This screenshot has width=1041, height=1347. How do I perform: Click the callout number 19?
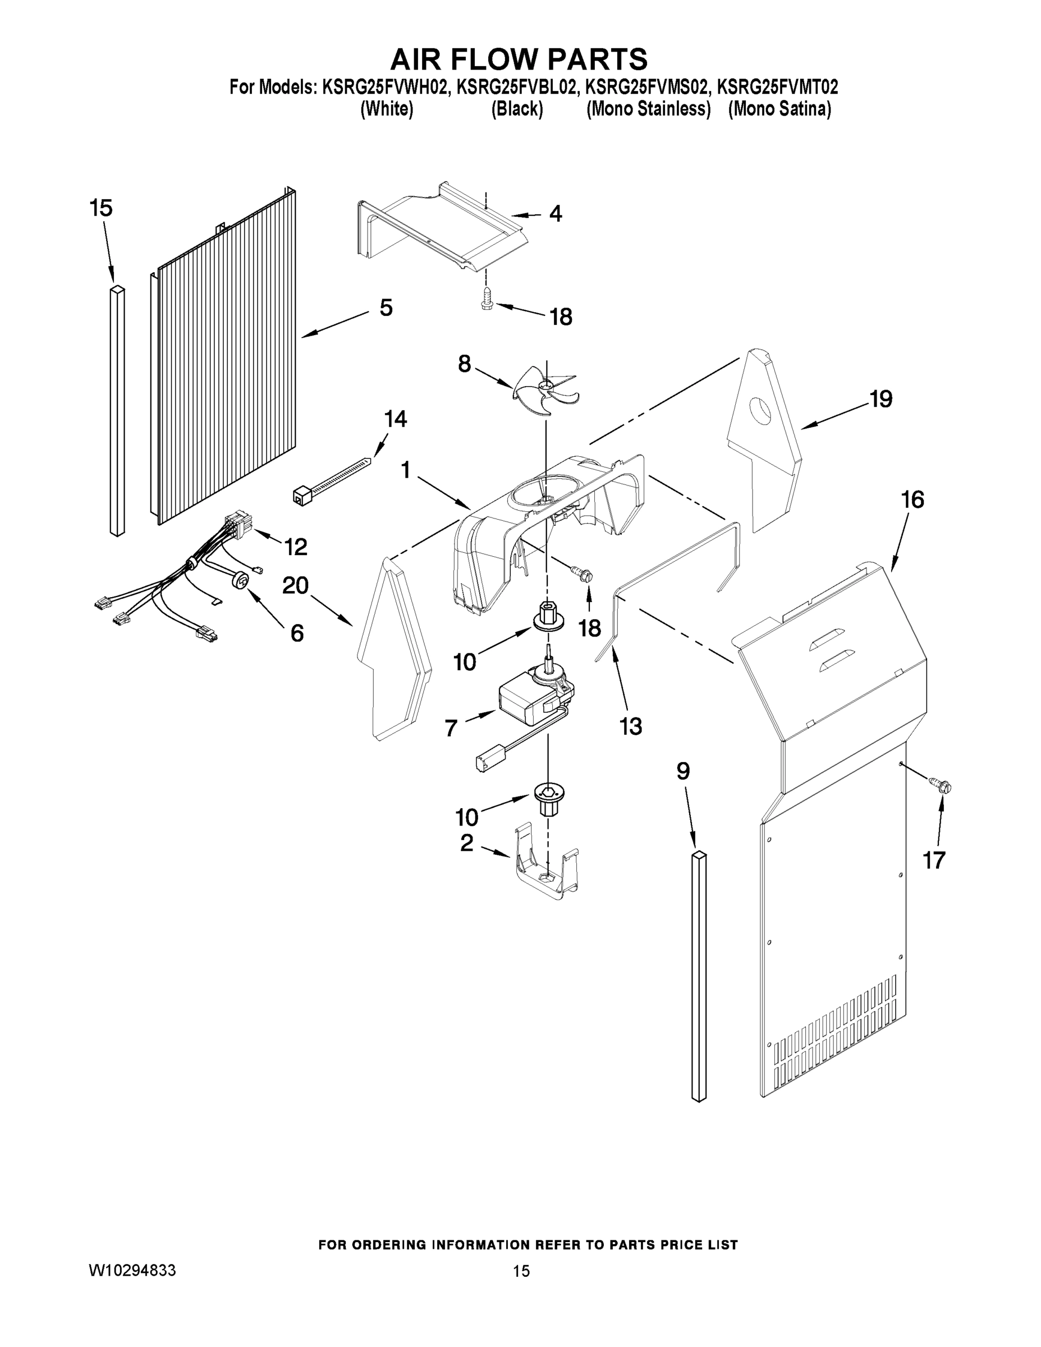[881, 399]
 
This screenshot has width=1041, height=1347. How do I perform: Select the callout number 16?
[912, 499]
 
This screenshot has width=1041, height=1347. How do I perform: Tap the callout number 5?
[386, 306]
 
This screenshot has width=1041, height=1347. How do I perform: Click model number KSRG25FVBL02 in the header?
[517, 87]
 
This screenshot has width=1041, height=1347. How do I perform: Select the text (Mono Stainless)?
[648, 109]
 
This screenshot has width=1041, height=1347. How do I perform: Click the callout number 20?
[295, 585]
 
